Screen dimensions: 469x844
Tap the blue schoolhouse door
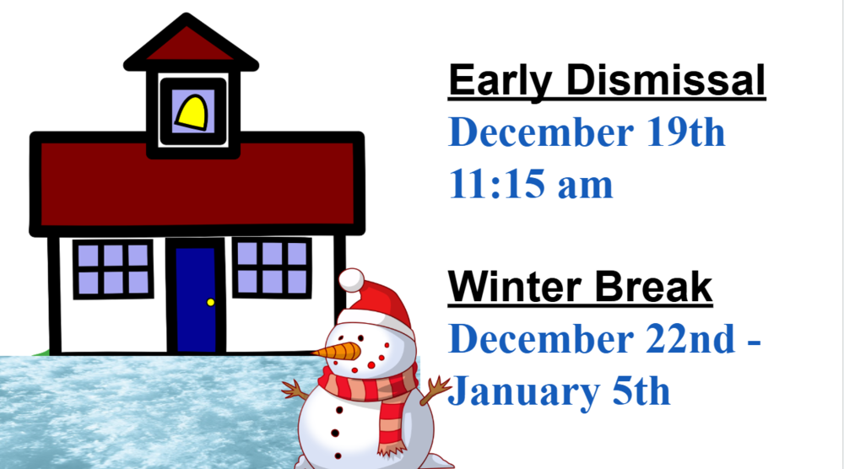point(196,299)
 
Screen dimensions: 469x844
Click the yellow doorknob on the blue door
point(210,302)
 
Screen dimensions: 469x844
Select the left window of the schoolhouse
point(113,268)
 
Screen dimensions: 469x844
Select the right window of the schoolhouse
point(272,267)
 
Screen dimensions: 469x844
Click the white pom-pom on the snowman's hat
point(351,280)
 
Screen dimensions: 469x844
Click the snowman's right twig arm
point(437,387)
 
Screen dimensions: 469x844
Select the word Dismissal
point(666,81)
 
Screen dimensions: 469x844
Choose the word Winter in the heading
point(514,288)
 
